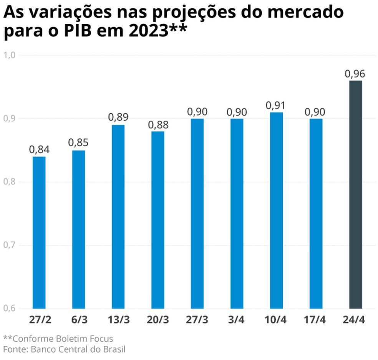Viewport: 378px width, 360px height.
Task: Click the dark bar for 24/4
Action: coord(355,194)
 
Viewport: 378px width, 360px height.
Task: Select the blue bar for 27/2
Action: coord(39,232)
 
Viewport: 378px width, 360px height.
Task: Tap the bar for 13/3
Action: coord(118,216)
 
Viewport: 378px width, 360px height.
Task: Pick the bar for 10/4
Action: coord(276,210)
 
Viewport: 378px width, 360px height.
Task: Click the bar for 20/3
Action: coord(157,219)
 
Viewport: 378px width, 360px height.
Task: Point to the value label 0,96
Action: coord(355,74)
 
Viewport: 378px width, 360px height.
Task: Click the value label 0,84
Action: coord(39,149)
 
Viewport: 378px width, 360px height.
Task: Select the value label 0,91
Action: coord(276,105)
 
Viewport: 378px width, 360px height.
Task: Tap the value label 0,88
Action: coord(157,124)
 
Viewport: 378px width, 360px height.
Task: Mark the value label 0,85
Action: coord(78,143)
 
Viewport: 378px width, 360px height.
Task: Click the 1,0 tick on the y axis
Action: coord(9,55)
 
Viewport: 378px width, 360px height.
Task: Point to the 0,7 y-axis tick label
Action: coord(9,245)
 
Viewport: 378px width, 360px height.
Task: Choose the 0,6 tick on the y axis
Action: coord(9,308)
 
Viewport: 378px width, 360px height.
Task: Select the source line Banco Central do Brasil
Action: coord(78,349)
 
